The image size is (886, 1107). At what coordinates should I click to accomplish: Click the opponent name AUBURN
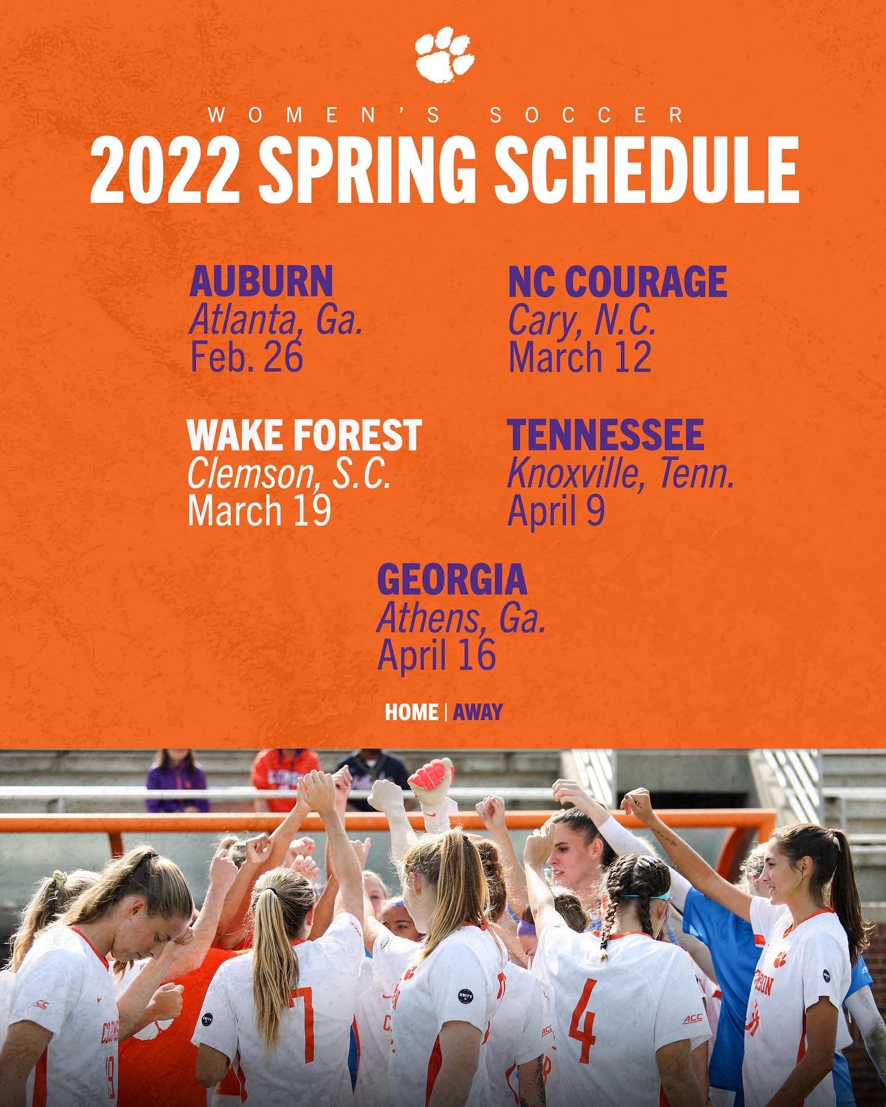point(261,282)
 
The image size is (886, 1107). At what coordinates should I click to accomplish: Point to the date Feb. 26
point(247,357)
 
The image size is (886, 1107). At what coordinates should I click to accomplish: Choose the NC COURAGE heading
point(617,282)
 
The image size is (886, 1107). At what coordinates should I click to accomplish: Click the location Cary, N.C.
point(581,321)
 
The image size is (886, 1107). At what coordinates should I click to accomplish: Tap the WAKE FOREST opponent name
point(305,435)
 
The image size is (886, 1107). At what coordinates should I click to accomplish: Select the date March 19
point(259,511)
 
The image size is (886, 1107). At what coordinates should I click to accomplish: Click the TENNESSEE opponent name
point(605,435)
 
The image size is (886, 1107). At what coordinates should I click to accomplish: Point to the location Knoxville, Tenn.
point(621,474)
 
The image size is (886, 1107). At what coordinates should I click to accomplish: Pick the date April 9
point(556,511)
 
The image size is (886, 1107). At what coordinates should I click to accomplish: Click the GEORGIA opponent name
point(452,579)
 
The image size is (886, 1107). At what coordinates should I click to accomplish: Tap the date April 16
point(436,656)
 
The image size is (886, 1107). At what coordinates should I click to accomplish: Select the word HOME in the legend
point(411,712)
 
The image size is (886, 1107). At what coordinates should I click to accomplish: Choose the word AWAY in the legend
point(478,712)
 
